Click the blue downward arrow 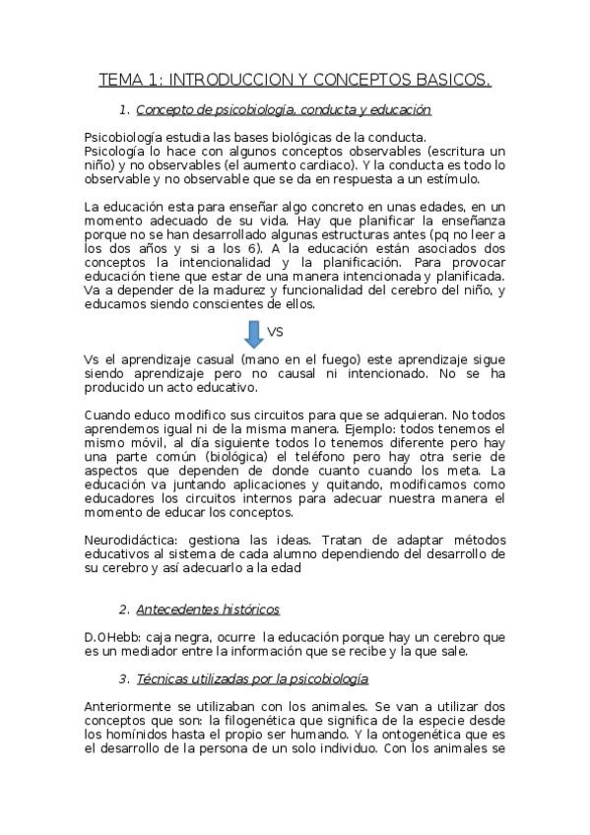click(x=253, y=335)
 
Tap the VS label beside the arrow click(x=276, y=332)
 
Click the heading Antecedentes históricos click(x=208, y=610)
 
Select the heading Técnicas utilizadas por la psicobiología click(x=251, y=678)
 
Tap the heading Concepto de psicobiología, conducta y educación click(x=284, y=109)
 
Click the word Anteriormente click(x=133, y=706)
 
